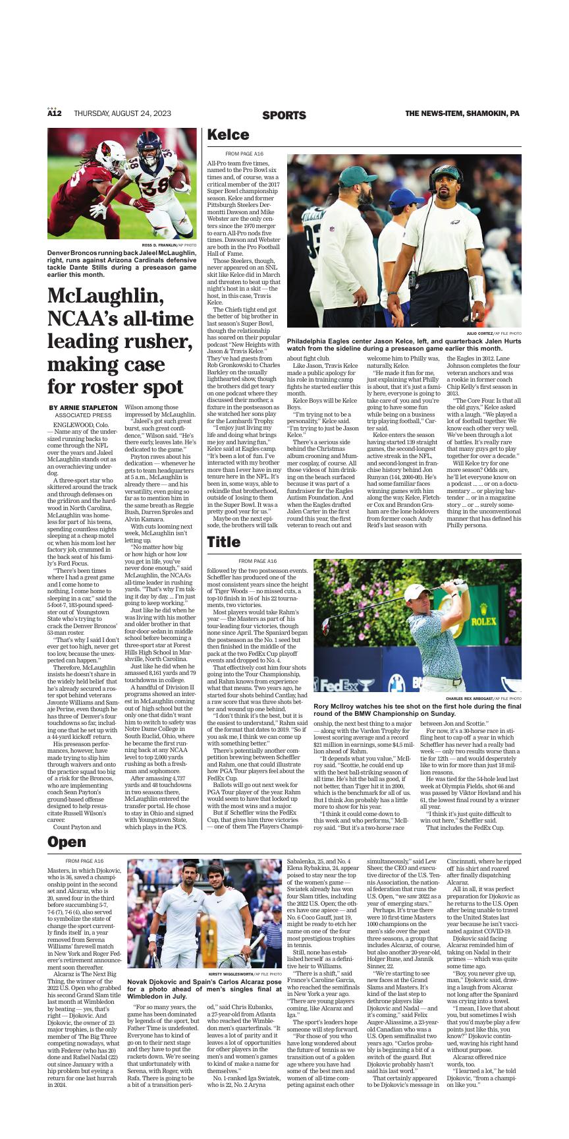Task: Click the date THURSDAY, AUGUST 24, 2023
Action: [x=122, y=113]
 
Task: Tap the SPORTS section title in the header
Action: [x=284, y=115]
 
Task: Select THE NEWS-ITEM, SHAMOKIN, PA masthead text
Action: [x=462, y=113]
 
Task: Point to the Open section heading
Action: [x=67, y=842]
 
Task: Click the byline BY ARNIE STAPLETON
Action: [x=83, y=408]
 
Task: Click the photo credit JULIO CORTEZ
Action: [x=479, y=334]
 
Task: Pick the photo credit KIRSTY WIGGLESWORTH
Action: [x=230, y=974]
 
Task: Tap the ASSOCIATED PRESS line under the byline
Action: [x=83, y=416]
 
